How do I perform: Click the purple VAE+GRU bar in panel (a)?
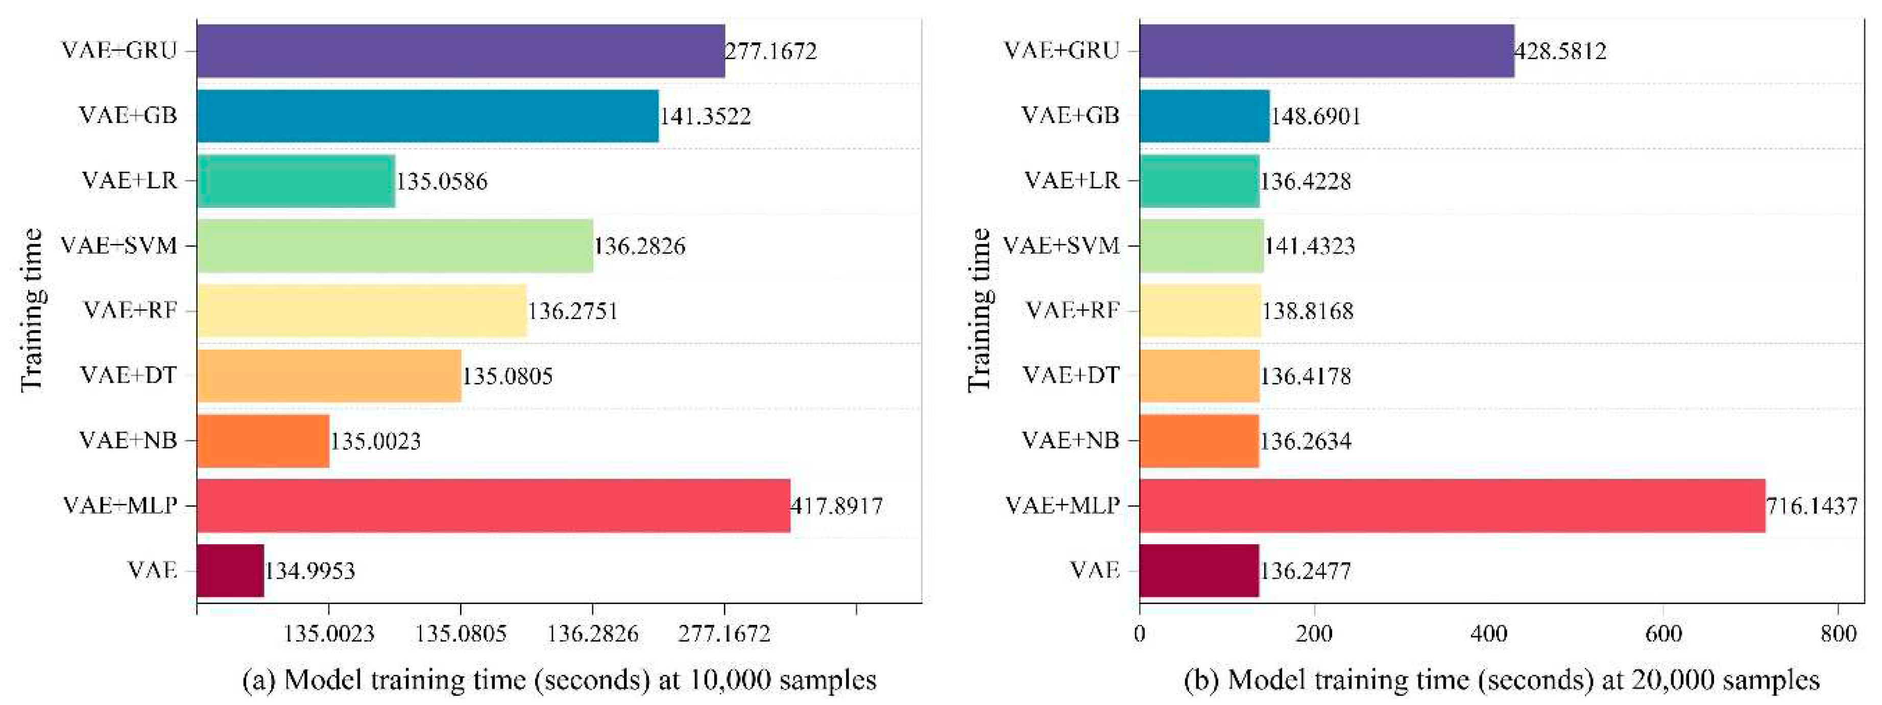click(460, 51)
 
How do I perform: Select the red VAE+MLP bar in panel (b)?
click(1452, 505)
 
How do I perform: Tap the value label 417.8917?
click(836, 505)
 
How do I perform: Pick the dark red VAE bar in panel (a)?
click(230, 571)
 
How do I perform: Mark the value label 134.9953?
click(310, 571)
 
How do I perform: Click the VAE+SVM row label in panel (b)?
click(1061, 246)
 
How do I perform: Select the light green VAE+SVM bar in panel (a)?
click(395, 246)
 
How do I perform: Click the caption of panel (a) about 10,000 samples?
click(559, 680)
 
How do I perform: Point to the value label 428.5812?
click(1560, 51)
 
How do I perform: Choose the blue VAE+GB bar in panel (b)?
click(1204, 115)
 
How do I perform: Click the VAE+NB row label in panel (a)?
click(129, 441)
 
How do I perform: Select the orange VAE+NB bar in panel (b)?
click(1199, 441)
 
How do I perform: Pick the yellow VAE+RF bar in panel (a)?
click(361, 310)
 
